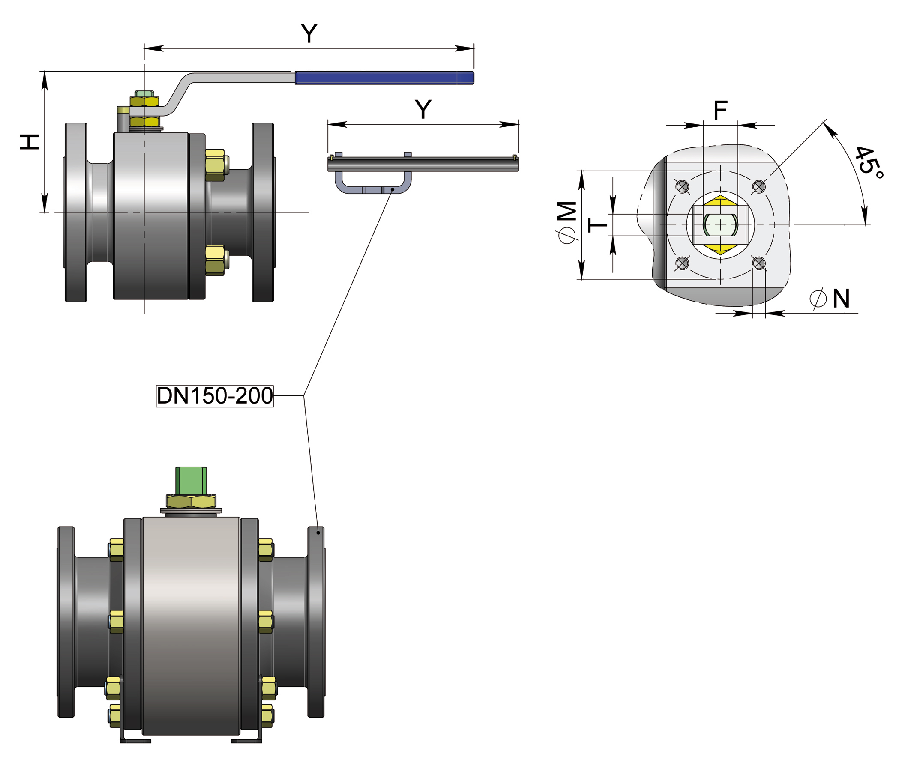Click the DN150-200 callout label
(215, 396)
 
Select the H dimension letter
(30, 142)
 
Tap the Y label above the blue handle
(309, 33)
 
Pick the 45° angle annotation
(869, 162)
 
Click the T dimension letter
(597, 225)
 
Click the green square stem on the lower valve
(191, 480)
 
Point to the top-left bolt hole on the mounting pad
(682, 187)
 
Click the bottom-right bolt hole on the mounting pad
(759, 263)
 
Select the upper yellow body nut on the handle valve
(215, 165)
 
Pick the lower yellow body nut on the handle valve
(215, 260)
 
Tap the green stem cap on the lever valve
(145, 94)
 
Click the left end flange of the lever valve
(75, 212)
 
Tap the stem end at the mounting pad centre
(720, 225)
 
